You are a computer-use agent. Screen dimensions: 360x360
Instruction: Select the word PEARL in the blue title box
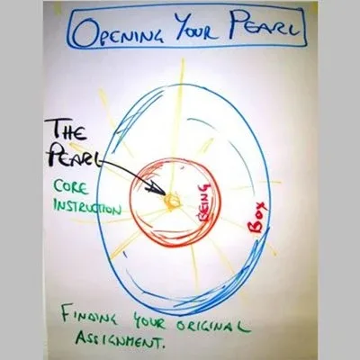click(261, 27)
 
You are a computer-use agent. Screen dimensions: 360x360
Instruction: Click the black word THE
click(68, 131)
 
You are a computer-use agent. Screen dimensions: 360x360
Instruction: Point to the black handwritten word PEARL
click(75, 156)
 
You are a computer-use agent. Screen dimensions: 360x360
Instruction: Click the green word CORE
click(71, 188)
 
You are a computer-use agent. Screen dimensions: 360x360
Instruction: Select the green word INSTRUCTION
click(87, 206)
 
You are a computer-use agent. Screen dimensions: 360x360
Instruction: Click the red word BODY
click(257, 218)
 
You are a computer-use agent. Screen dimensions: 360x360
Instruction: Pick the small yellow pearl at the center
click(172, 201)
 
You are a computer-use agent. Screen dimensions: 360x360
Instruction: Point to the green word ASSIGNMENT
click(116, 340)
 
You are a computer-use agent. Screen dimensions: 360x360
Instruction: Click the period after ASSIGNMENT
click(163, 347)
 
